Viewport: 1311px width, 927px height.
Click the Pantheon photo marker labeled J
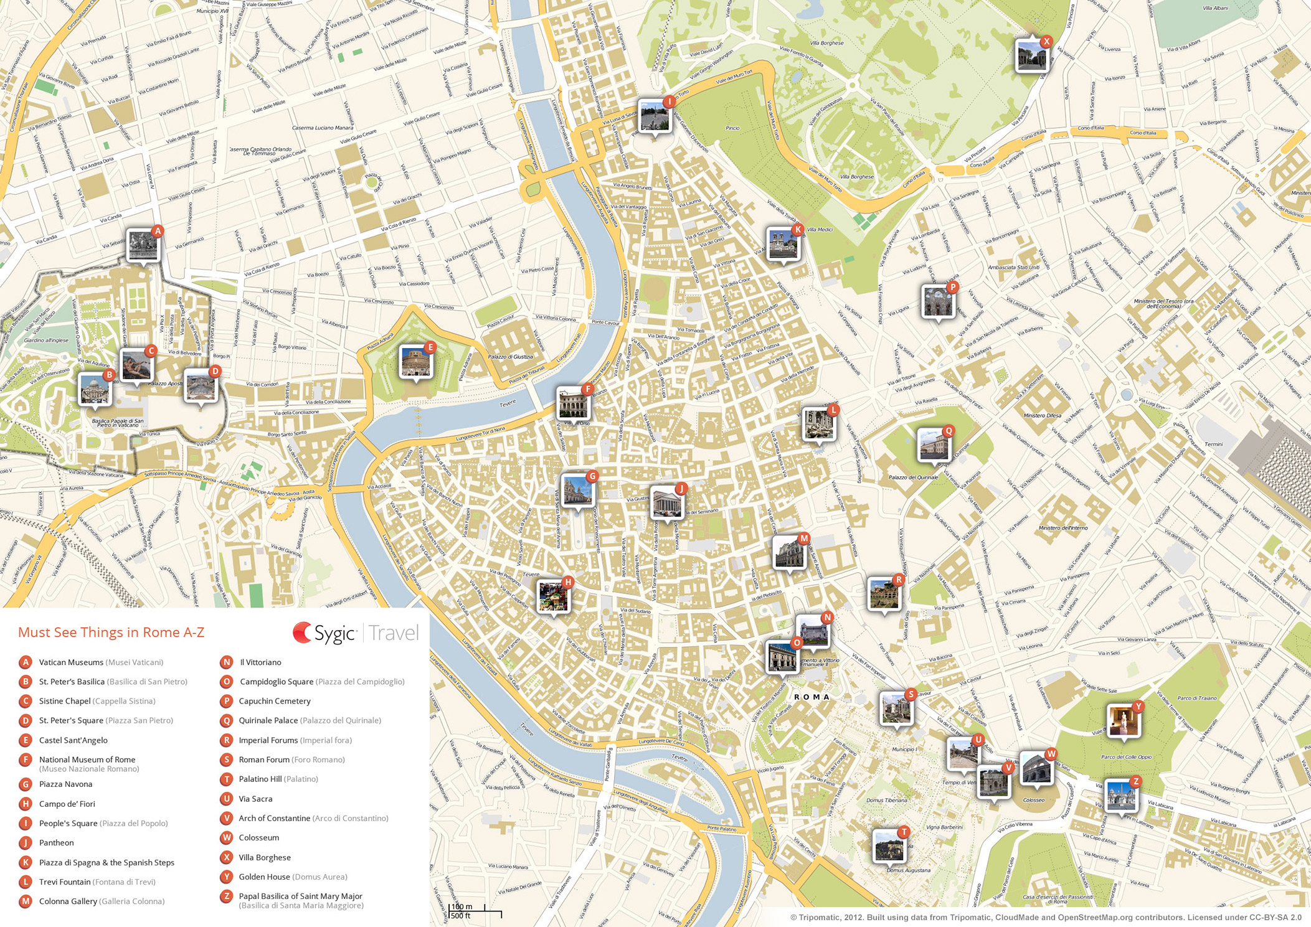click(666, 502)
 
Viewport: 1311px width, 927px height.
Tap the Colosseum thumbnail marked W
click(1036, 768)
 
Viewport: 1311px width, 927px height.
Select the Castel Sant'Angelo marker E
click(415, 362)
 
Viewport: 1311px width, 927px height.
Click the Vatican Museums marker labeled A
click(143, 245)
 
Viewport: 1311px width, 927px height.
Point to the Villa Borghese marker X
click(1031, 56)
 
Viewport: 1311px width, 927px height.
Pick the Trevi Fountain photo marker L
click(818, 424)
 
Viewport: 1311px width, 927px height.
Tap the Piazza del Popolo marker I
click(654, 116)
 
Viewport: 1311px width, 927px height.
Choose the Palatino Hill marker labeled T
click(888, 845)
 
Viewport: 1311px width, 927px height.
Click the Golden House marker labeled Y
click(1123, 720)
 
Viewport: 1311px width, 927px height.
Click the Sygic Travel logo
click(356, 633)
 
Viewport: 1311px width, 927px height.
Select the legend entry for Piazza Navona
click(65, 784)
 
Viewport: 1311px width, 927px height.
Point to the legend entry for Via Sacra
click(255, 799)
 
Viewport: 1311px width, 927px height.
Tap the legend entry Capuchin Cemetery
click(274, 701)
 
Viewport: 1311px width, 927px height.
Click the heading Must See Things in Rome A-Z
click(111, 633)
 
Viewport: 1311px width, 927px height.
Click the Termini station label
click(1213, 445)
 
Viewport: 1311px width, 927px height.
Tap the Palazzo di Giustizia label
click(510, 357)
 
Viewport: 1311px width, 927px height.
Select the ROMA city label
click(812, 697)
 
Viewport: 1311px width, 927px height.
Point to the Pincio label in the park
click(732, 128)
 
